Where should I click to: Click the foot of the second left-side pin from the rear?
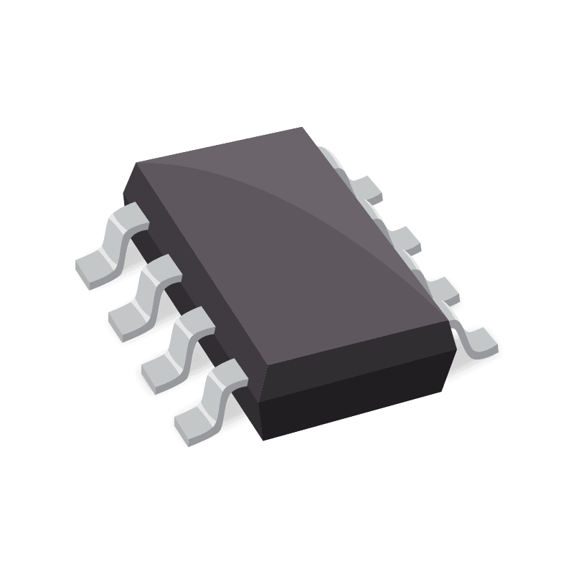pyautogui.click(x=127, y=321)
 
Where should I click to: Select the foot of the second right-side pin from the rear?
pyautogui.click(x=405, y=239)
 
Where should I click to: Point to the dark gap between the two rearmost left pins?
pyautogui.click(x=147, y=248)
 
